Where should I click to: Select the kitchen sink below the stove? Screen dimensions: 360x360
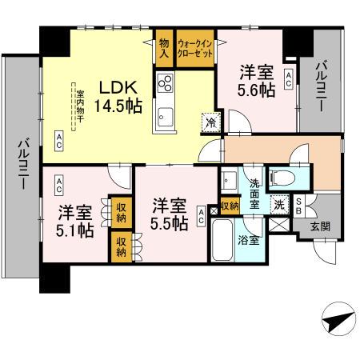click(x=166, y=114)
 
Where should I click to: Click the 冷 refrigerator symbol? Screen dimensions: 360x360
click(x=209, y=122)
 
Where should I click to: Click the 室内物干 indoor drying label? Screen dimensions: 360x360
click(x=79, y=109)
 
